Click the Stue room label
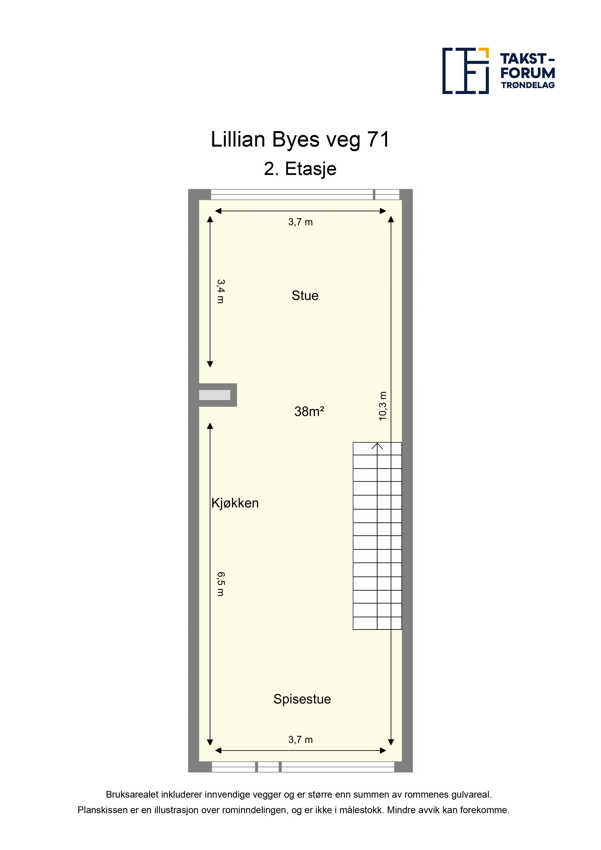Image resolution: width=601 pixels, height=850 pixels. (305, 295)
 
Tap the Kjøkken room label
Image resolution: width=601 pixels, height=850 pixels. (235, 503)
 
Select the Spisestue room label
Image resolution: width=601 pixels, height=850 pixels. (302, 699)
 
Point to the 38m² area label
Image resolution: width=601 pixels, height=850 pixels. (309, 411)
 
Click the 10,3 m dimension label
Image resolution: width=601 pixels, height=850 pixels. (382, 406)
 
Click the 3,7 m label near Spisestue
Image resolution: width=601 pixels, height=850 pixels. (300, 740)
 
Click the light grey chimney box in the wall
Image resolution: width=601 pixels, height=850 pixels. (214, 395)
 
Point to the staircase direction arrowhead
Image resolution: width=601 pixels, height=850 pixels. (377, 446)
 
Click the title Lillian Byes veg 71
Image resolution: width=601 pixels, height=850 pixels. (300, 140)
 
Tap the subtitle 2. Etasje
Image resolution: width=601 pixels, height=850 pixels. (300, 169)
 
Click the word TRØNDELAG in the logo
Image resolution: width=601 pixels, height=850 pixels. (528, 85)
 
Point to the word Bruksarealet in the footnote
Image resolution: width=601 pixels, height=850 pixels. (132, 795)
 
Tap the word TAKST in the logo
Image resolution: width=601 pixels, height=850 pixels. (523, 59)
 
